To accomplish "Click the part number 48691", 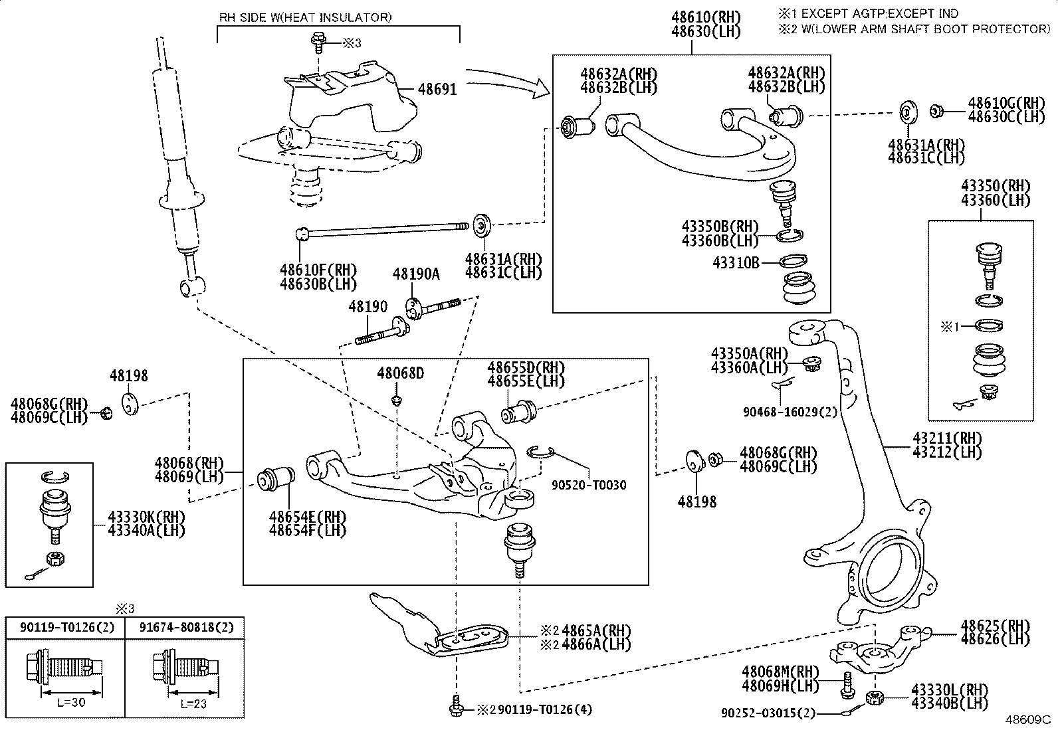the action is (x=437, y=89).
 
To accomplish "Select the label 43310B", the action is (x=736, y=262).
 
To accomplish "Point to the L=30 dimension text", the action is (x=71, y=703).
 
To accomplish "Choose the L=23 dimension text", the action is (x=193, y=704).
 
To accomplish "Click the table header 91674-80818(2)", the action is (x=187, y=627).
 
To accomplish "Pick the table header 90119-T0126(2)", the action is (x=67, y=627).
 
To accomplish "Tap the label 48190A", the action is (x=416, y=274).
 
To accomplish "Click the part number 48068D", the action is (x=401, y=373).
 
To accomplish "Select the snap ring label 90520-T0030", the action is (x=589, y=485).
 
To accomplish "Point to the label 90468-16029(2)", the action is (x=790, y=412).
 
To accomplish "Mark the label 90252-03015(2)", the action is (x=768, y=713).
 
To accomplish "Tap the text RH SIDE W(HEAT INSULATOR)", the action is (x=306, y=17).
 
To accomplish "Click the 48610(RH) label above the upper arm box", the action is (x=706, y=17).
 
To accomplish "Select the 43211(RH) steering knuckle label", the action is (x=947, y=438).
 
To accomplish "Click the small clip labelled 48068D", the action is (x=397, y=401).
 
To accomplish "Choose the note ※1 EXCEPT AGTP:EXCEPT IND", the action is (x=869, y=13).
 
